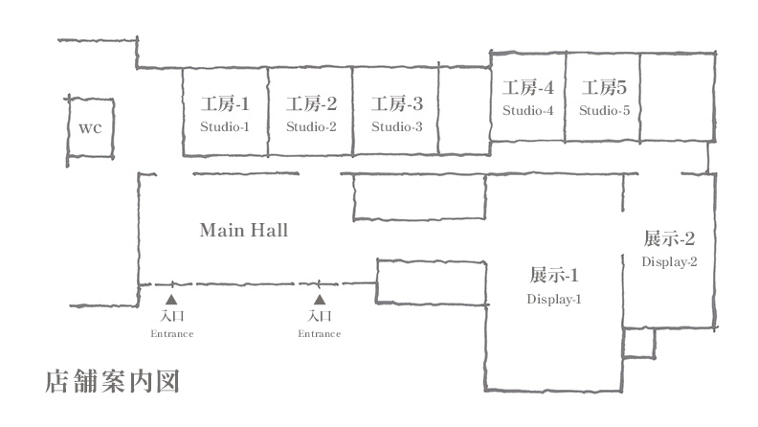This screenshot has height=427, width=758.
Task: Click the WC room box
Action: [90, 128]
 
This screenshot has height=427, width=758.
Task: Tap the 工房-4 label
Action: [528, 89]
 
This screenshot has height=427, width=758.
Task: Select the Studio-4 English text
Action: [528, 111]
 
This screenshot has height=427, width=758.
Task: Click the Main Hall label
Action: [243, 231]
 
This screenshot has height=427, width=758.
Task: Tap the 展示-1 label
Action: [554, 277]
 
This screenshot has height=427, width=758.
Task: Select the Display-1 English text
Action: [554, 300]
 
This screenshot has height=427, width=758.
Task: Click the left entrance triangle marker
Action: [171, 300]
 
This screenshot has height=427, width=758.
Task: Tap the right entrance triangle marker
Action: [320, 300]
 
